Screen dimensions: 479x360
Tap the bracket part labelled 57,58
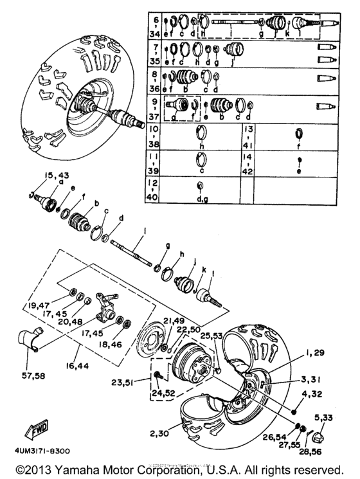(x=32, y=339)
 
